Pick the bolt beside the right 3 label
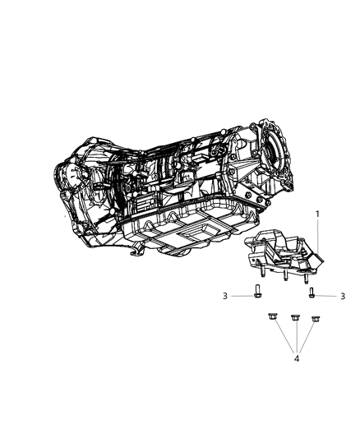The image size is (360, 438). (x=312, y=291)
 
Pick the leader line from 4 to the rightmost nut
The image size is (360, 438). (x=305, y=338)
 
